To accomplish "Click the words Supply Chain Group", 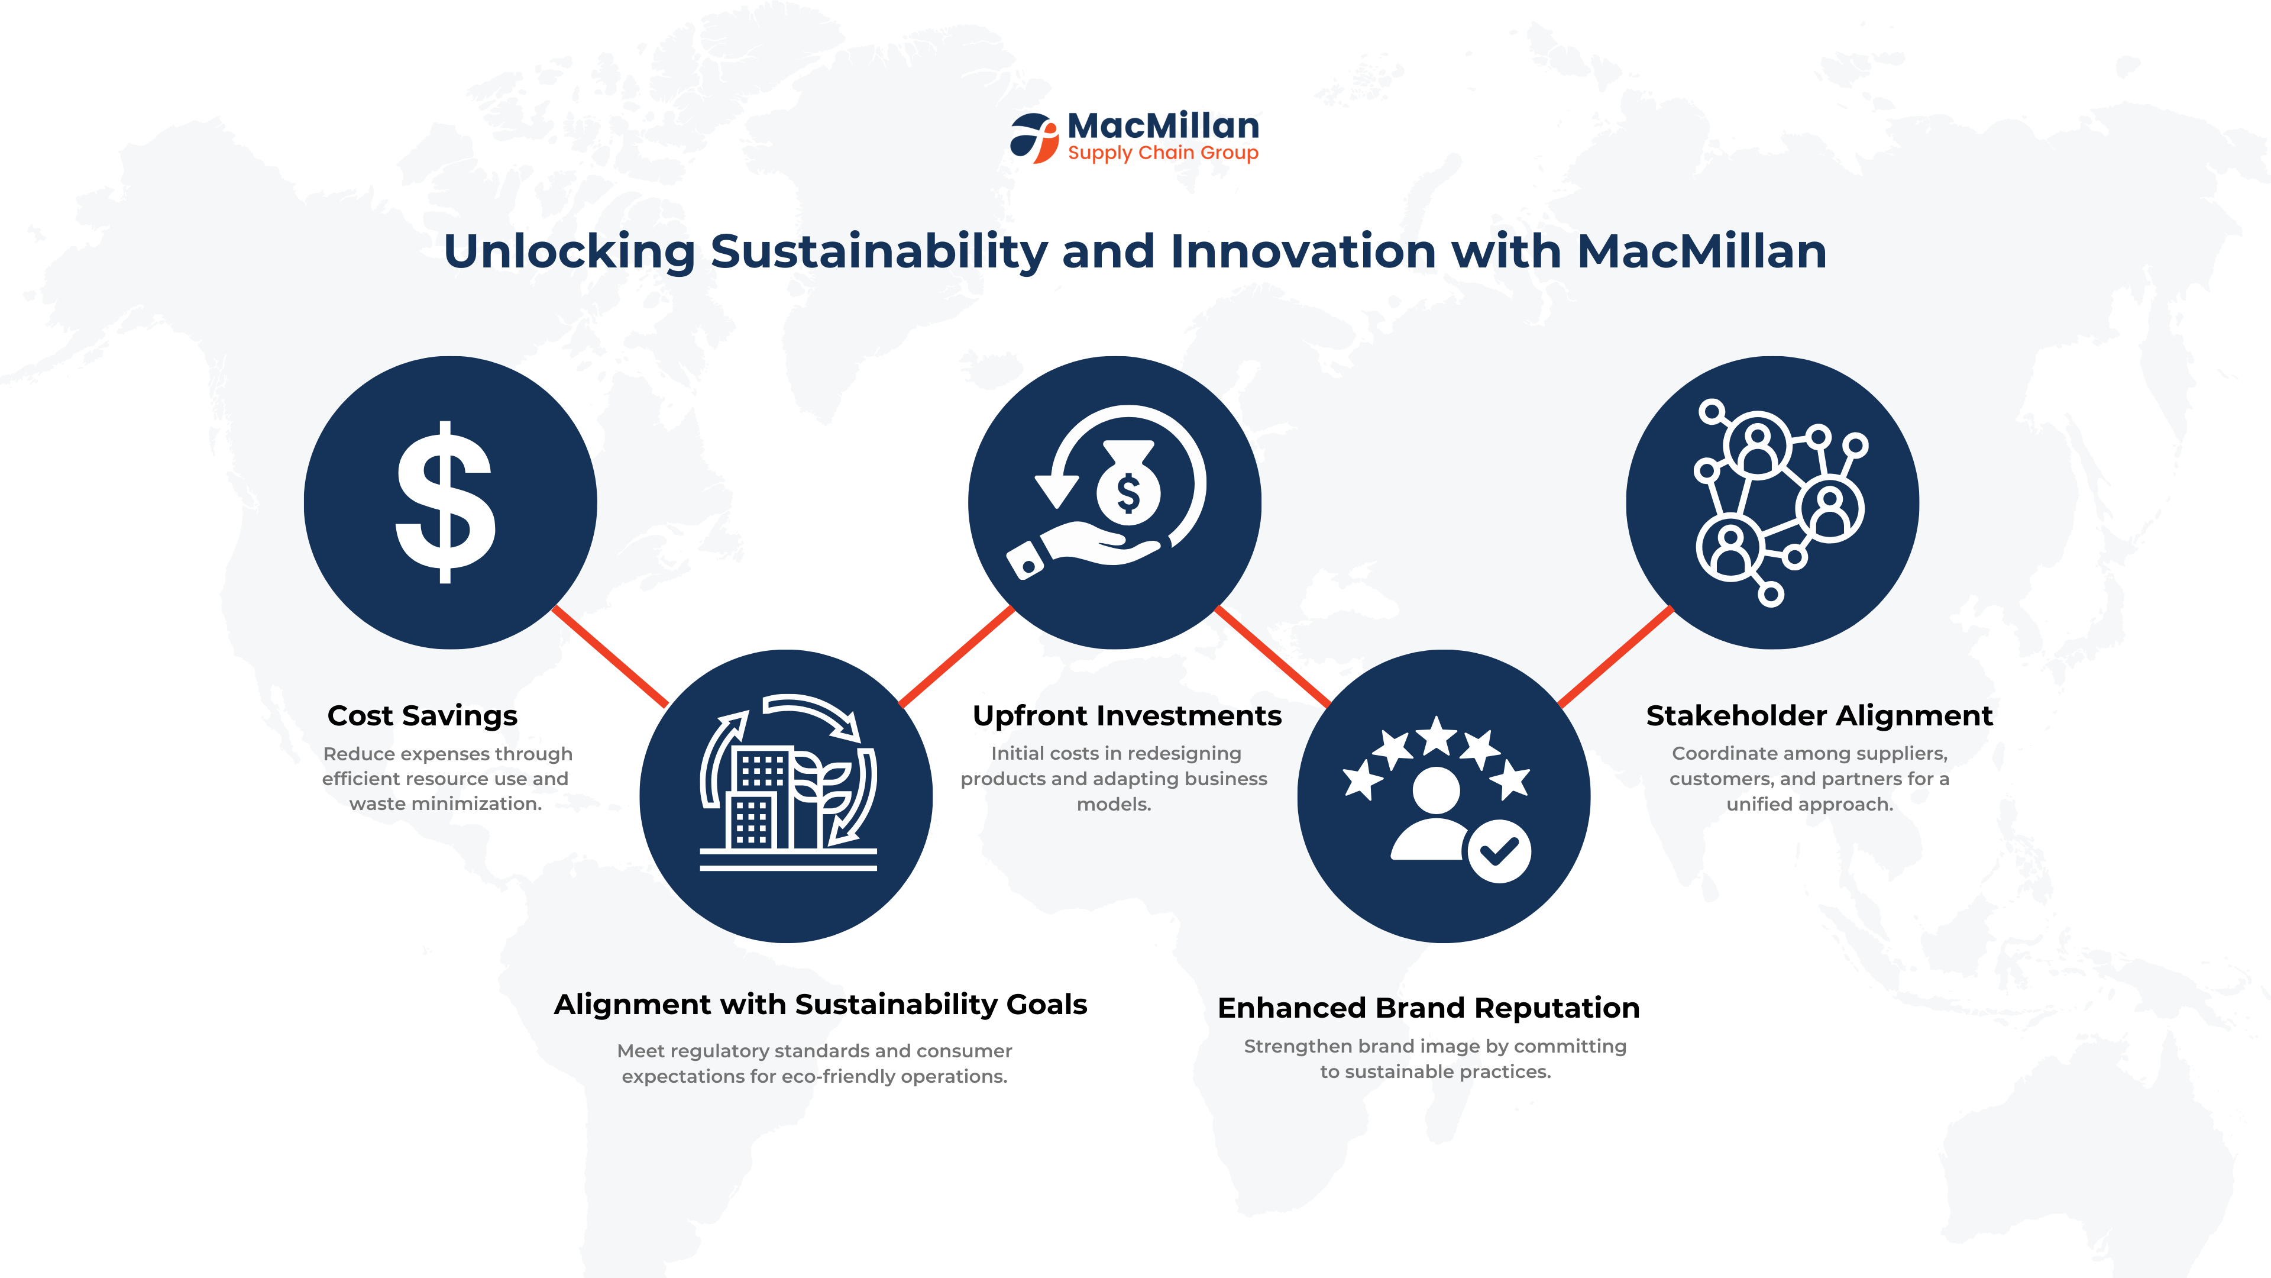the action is coord(1163,153).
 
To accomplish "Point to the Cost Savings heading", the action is coord(422,715).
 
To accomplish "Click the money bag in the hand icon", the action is coord(1128,484).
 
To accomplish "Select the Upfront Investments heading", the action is coord(1127,715).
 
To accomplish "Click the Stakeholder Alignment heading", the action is coord(1819,715).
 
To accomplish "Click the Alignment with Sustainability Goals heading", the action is coord(820,1005).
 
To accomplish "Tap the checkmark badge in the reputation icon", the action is coord(1498,851).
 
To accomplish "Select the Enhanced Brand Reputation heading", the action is coord(1428,1007).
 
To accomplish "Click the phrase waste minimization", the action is coord(445,803).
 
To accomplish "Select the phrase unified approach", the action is coord(1809,805).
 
